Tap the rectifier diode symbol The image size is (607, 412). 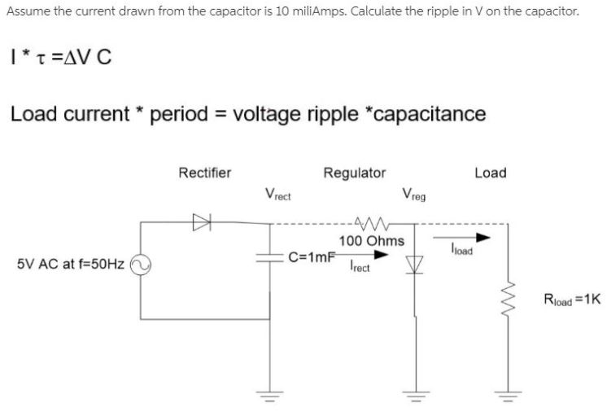click(x=199, y=219)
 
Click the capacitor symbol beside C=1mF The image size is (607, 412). click(x=269, y=256)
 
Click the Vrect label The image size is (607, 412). click(x=278, y=195)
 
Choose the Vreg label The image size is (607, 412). click(x=413, y=195)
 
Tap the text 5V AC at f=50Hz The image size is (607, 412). click(x=70, y=265)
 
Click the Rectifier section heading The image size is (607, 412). click(x=204, y=173)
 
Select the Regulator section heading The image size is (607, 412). click(x=355, y=173)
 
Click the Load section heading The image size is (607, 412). click(x=490, y=173)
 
